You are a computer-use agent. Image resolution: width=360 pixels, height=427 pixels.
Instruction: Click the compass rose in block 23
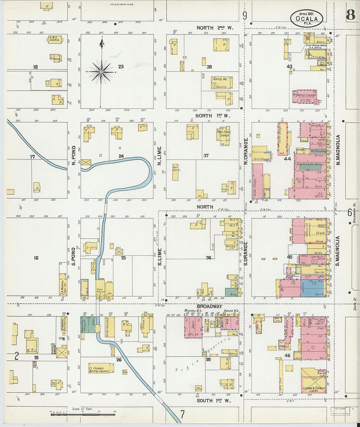101,71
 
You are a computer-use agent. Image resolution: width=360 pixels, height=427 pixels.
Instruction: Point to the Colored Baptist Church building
101,368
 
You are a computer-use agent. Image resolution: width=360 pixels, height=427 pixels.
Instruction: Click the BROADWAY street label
209,307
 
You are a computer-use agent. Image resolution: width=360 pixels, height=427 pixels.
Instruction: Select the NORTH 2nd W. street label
215,28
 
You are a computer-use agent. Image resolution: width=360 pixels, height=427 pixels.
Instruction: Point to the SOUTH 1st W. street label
214,400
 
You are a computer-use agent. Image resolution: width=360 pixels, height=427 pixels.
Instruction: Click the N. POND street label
74,155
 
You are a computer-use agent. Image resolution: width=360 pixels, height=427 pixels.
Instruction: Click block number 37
206,155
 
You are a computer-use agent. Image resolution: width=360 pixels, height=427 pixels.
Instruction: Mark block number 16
36,258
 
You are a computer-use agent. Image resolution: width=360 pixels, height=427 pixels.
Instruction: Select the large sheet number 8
351,15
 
